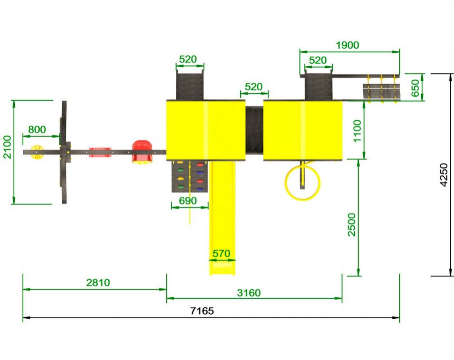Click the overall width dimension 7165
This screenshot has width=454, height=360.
point(202,311)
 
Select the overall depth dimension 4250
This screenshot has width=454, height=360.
point(443,175)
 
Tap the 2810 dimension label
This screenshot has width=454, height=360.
point(98,283)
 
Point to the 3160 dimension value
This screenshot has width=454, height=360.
point(249,293)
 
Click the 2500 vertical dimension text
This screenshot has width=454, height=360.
point(351,225)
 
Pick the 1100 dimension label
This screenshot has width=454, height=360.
point(357,131)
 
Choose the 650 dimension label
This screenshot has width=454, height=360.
point(415,88)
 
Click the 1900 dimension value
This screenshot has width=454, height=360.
point(347,45)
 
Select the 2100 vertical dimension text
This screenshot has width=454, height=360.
point(7,147)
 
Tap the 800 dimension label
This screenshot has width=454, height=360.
point(37,129)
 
